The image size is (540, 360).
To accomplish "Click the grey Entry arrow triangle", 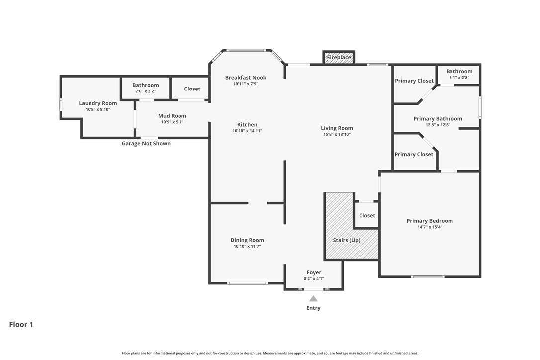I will (x=313, y=299).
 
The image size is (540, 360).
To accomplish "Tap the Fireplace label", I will (x=339, y=58).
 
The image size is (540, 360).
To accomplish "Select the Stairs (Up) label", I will (x=346, y=240).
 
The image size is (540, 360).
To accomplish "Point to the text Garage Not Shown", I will (x=146, y=144).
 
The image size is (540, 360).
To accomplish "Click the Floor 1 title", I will (x=21, y=325).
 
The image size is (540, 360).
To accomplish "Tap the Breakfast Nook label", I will (x=246, y=78).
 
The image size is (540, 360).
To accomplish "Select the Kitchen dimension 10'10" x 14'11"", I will (x=247, y=131).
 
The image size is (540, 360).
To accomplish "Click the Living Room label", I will (x=337, y=128).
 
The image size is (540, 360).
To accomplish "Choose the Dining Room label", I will (x=247, y=240).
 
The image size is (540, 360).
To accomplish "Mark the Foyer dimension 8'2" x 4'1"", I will (x=314, y=279).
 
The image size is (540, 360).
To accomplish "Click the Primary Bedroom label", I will (x=430, y=221).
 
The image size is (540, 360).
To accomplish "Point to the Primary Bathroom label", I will (x=438, y=119).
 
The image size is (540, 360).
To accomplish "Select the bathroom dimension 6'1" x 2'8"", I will (x=459, y=78).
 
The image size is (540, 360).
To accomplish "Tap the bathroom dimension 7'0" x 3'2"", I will (x=146, y=91).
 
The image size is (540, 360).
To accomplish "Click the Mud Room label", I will (x=172, y=116).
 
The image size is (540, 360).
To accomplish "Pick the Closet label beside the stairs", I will (x=367, y=216).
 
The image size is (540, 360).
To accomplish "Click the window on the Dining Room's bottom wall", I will (x=248, y=283).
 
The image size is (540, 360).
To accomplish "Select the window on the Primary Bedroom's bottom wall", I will (x=428, y=276).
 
